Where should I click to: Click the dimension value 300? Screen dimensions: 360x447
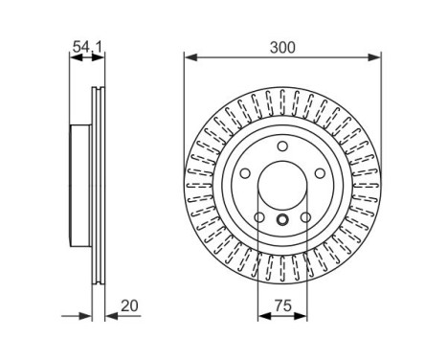[x=282, y=44]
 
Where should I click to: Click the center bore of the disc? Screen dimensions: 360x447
[x=282, y=187]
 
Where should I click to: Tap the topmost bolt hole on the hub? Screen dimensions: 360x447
[x=282, y=146]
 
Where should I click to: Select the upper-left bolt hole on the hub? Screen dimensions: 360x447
[x=243, y=174]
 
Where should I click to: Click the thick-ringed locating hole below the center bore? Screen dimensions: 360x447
[x=282, y=222]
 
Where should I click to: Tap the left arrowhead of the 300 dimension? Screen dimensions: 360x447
[x=189, y=56]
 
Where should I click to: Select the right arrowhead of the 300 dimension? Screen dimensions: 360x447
[x=376, y=56]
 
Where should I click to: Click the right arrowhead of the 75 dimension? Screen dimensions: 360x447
[x=302, y=317]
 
